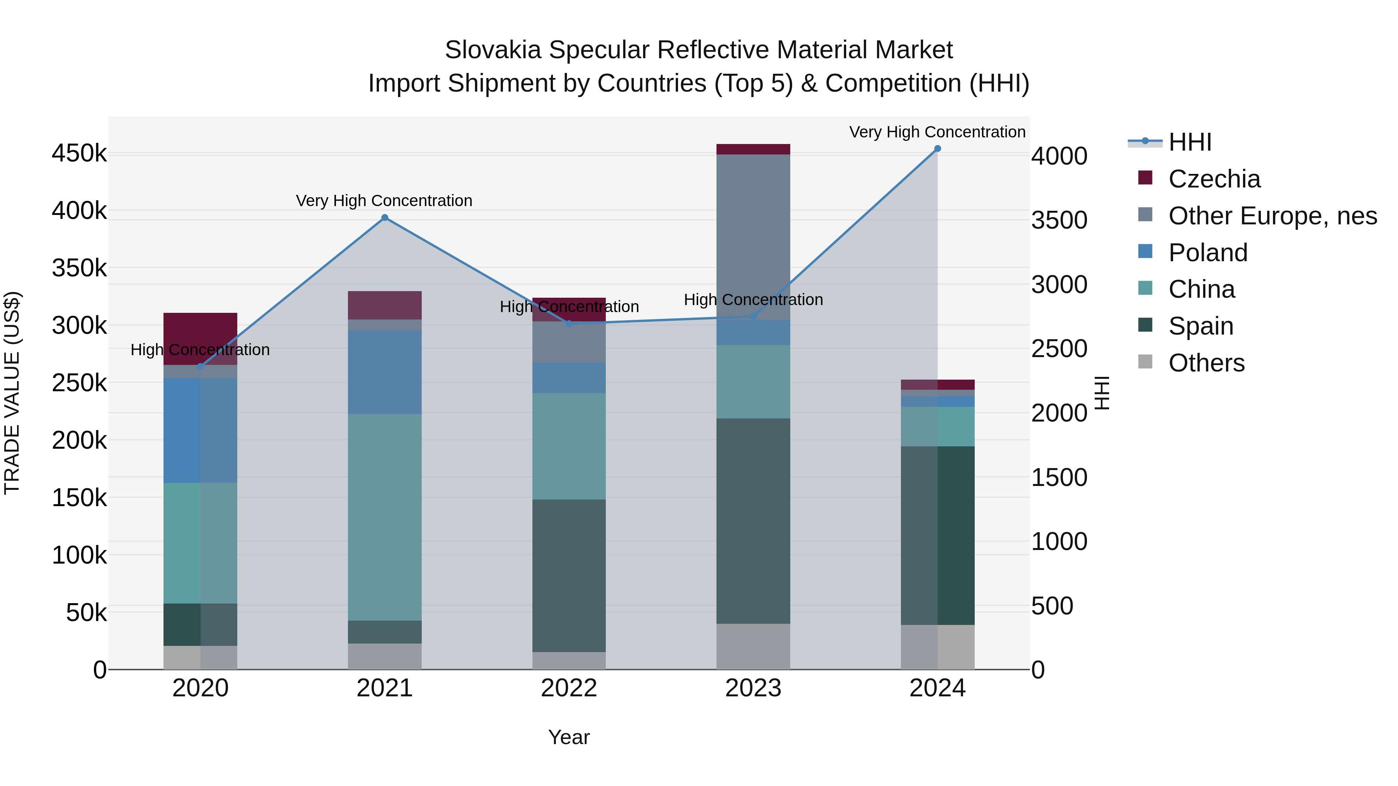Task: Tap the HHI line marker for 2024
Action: pyautogui.click(x=937, y=149)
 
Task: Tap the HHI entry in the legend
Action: pyautogui.click(x=1189, y=142)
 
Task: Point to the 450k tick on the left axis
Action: pyautogui.click(x=79, y=153)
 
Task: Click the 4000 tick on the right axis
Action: pyautogui.click(x=1059, y=156)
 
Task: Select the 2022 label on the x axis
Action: pyautogui.click(x=569, y=688)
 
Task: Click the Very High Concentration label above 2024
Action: pyautogui.click(x=937, y=132)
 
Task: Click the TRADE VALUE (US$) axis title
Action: pyautogui.click(x=12, y=393)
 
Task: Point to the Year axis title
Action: pyautogui.click(x=569, y=737)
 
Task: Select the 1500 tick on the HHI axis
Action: pyautogui.click(x=1059, y=477)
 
